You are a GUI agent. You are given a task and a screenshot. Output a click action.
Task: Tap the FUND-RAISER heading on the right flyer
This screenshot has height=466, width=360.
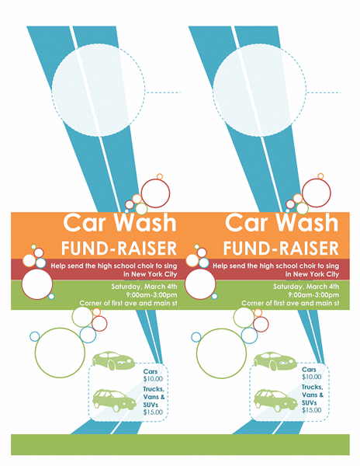coord(281,249)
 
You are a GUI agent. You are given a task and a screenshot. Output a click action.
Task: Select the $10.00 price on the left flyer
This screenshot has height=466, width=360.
coord(153,379)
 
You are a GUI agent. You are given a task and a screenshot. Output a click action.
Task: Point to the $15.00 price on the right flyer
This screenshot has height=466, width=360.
coord(312,410)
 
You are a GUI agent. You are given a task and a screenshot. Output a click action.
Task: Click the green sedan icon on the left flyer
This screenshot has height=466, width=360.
coord(113,360)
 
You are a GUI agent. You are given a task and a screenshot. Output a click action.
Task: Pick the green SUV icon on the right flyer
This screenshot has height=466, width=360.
coord(275,401)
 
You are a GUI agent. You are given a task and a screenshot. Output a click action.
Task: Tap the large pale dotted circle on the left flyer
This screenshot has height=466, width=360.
coord(99,91)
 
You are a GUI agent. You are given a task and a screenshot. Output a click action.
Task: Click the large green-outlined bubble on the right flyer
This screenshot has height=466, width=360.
coord(221,353)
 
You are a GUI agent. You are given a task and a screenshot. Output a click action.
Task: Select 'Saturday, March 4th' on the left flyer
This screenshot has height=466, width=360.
coord(144,287)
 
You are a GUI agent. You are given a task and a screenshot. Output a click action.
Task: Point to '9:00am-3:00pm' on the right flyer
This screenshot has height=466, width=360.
coord(313,295)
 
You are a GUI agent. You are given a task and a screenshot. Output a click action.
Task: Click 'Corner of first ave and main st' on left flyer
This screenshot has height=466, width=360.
coord(128,303)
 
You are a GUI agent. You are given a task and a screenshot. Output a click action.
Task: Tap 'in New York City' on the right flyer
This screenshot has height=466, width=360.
coord(312,274)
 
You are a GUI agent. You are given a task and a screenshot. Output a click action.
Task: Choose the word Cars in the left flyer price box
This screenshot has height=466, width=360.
coord(151,371)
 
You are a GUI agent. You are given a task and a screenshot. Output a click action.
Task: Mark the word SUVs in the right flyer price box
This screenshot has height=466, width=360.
coord(310,402)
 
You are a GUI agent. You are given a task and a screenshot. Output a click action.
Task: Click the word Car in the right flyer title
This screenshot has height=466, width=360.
coord(247,222)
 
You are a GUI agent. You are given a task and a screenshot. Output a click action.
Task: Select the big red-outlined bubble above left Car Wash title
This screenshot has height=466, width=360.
coord(155,193)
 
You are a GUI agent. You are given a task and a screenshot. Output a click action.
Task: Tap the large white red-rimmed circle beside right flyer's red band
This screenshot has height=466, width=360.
coord(200,284)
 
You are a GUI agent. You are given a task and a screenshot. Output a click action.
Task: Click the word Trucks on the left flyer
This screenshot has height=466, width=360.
coord(154,389)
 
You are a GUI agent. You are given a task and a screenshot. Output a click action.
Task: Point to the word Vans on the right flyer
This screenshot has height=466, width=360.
coord(310,395)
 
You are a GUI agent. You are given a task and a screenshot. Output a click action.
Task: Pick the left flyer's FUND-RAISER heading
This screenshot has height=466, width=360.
coord(119,249)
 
